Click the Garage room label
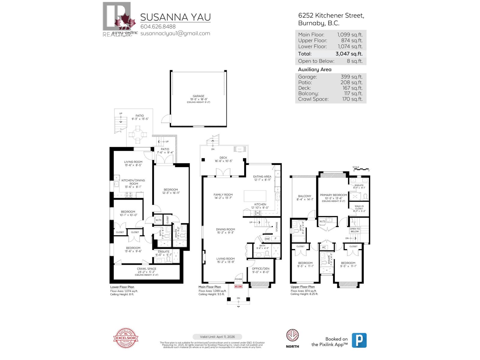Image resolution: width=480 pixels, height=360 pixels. click(x=198, y=96)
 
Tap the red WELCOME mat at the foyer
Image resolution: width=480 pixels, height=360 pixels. click(x=238, y=286)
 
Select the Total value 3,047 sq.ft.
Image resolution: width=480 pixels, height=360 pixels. click(x=349, y=54)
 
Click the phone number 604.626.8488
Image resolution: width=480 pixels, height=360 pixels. click(x=158, y=27)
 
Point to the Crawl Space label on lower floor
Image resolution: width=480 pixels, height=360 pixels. click(x=146, y=269)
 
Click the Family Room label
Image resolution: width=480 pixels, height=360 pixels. click(x=223, y=195)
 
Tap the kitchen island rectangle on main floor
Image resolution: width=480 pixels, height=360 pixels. click(x=255, y=196)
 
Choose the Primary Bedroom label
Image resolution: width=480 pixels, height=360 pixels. click(x=333, y=195)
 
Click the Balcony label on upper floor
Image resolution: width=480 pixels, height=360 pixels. click(x=304, y=196)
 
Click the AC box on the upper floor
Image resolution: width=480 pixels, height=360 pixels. click(x=324, y=247)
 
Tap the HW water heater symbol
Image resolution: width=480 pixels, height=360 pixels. click(x=267, y=239)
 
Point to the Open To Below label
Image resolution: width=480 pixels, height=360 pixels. click(x=355, y=230)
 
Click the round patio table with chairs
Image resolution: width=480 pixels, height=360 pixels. click(x=137, y=135)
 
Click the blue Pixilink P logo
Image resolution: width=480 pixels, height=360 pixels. click(x=359, y=340)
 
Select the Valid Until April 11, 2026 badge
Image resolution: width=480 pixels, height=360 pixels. click(x=217, y=337)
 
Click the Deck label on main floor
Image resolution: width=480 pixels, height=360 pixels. click(x=223, y=157)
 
